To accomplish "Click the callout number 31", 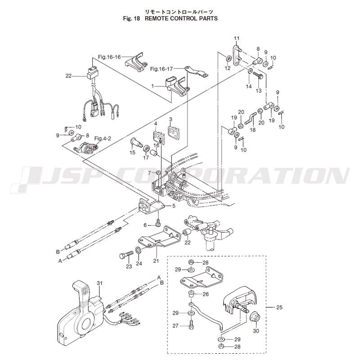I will click(x=100, y=283).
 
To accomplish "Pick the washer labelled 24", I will click(x=138, y=250).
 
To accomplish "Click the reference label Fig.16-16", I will click(x=109, y=57).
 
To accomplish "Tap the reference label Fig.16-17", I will click(x=162, y=69).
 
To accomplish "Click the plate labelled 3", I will click(x=174, y=132).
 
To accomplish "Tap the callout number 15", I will click(x=132, y=153).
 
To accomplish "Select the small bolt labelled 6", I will click(x=158, y=222).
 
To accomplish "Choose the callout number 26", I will click(x=206, y=295).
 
